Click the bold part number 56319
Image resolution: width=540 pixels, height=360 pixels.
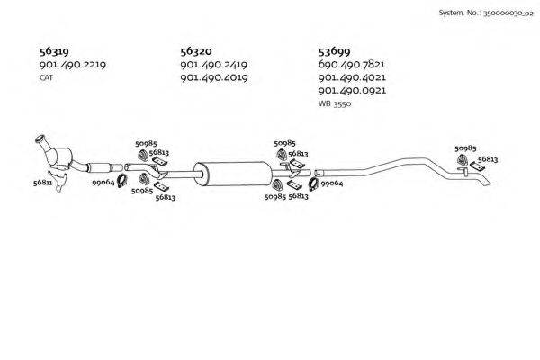coord(54,51)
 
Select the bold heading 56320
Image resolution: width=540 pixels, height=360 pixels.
coord(196,51)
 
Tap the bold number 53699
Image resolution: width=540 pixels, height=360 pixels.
coord(334,51)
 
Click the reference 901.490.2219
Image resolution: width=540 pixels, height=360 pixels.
coord(73,65)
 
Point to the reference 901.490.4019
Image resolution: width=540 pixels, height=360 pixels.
coord(214,77)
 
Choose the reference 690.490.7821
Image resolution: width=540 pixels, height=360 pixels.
coord(352,64)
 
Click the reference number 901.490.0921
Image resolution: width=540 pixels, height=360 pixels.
coord(352,91)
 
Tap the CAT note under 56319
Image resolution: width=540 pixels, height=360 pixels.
coord(46,78)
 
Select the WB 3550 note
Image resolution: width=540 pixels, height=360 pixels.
coord(335,103)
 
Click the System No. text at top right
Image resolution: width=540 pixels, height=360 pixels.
coord(486,13)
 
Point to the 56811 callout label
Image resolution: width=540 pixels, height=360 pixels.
coord(42,183)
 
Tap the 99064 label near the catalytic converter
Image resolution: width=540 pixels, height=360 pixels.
coord(103,183)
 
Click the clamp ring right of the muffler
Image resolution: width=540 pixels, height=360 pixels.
coord(313,184)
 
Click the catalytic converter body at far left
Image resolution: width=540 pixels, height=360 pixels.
coord(59,157)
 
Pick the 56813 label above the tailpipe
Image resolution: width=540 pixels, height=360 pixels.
coord(488,159)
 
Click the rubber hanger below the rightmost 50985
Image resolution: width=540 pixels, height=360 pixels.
coord(463,160)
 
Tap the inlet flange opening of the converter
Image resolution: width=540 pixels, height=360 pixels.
coord(40,139)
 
